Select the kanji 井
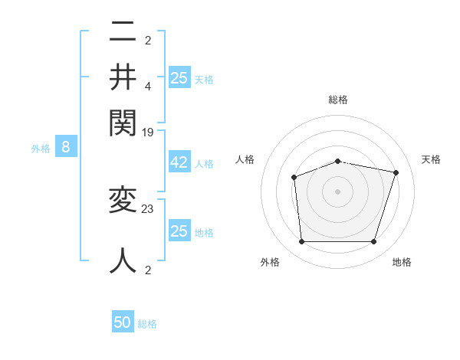[123, 77]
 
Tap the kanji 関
[123, 121]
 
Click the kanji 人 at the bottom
[123, 260]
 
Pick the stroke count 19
[148, 132]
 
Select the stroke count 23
[148, 208]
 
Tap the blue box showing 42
[179, 163]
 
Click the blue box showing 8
[66, 147]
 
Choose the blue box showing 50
[123, 322]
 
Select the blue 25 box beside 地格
[179, 231]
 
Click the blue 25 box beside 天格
[179, 77]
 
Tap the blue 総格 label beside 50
[147, 324]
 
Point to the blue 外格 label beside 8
[41, 149]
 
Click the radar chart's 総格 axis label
[337, 100]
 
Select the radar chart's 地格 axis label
[402, 262]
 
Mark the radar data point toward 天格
[396, 172]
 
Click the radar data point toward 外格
[301, 242]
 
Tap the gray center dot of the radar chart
[337, 191]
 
